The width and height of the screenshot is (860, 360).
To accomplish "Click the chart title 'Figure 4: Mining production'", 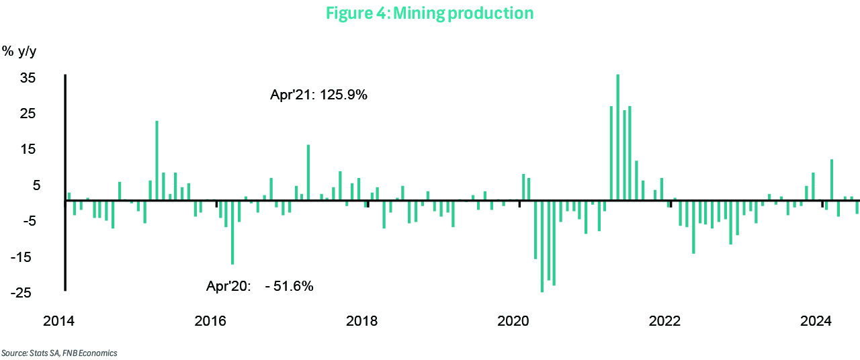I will click(x=429, y=13).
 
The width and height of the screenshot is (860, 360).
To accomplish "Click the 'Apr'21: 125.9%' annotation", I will click(x=318, y=95).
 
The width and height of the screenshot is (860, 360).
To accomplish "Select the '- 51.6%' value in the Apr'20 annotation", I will click(x=289, y=286).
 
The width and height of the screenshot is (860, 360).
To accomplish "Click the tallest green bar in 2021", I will click(x=617, y=137).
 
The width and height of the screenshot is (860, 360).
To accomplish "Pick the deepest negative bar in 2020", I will click(x=542, y=245).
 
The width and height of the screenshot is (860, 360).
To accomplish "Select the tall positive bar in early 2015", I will click(x=157, y=160).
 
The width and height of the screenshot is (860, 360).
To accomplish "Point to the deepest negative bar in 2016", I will click(x=232, y=232).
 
